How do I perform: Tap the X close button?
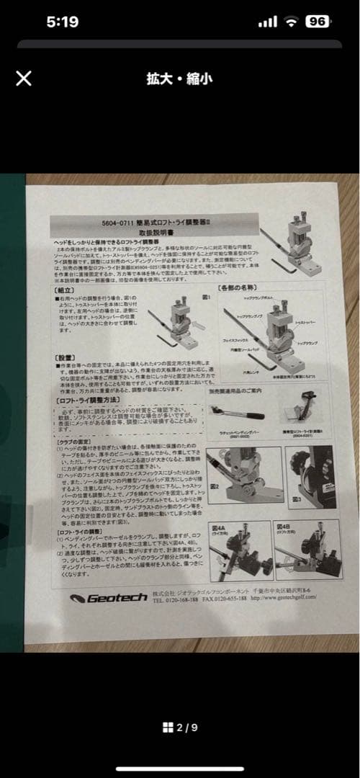coord(24,78)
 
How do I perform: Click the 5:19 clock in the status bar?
coord(63,22)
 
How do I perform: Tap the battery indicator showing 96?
coord(316,22)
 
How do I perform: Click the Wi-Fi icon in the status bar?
coord(291,22)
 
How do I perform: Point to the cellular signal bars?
coord(267,22)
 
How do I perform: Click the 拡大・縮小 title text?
coord(180,78)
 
